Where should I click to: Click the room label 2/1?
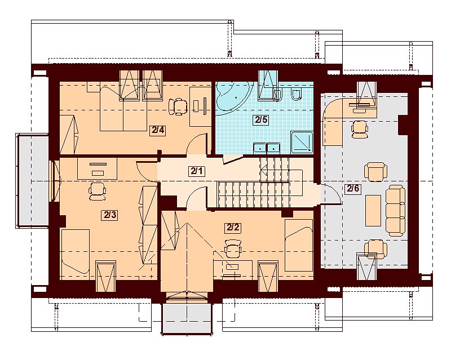click(x=197, y=171)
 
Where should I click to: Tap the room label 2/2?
click(x=233, y=228)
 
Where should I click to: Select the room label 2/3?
click(x=109, y=215)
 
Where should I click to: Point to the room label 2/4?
click(x=158, y=130)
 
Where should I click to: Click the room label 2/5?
click(x=261, y=119)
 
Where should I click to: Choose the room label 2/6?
click(x=353, y=189)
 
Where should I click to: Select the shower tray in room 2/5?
click(x=302, y=143)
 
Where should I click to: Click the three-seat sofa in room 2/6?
click(x=395, y=211)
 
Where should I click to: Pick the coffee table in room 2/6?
click(x=373, y=211)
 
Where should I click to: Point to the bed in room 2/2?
click(x=299, y=245)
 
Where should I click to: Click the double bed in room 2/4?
click(x=123, y=106)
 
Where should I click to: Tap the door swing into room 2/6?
click(x=331, y=194)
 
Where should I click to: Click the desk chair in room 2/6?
click(x=360, y=129)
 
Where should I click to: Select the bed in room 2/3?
click(x=76, y=251)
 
